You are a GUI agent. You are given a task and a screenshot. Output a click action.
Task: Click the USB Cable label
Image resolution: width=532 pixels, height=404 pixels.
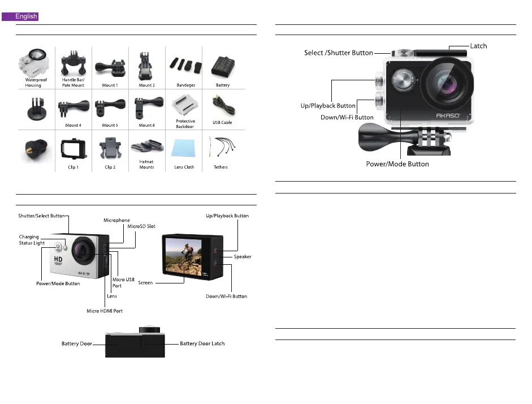tap(222, 122)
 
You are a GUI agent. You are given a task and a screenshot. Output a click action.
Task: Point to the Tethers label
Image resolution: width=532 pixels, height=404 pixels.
tap(220, 167)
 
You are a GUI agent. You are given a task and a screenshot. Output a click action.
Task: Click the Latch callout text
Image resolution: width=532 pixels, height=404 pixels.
tap(478, 45)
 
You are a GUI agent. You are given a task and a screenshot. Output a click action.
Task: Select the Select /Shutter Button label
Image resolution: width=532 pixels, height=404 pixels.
tap(338, 53)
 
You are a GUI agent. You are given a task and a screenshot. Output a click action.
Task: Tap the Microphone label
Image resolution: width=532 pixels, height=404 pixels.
tap(116, 220)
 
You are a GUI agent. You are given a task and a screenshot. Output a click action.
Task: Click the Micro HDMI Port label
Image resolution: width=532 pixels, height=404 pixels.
tap(105, 311)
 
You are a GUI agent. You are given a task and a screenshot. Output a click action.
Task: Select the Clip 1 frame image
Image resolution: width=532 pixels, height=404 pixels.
tap(72, 149)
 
